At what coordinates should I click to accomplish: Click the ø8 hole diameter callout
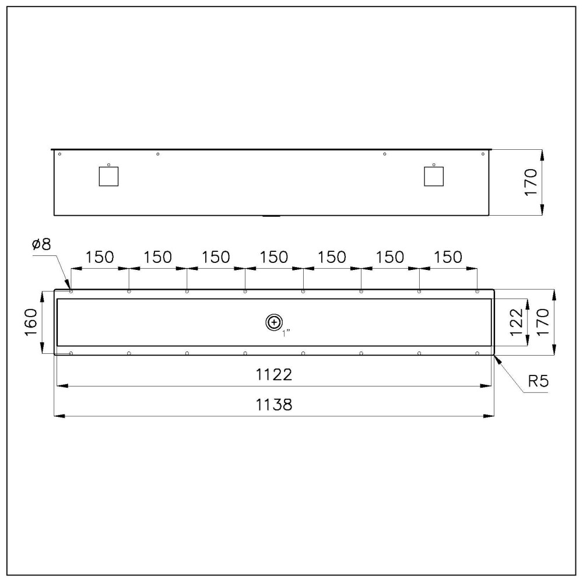42,244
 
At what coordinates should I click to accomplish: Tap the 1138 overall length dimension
274,405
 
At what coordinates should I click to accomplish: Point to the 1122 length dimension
274,375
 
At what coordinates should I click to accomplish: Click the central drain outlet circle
273,322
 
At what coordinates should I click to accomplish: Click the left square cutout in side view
108,176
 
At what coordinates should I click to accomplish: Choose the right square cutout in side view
433,176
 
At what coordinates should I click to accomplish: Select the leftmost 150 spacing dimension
100,257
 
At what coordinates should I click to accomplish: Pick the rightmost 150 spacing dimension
448,257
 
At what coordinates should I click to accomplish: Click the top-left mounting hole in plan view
71,291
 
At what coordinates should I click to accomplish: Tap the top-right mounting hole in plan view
477,291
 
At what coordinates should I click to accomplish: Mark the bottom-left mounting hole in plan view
71,353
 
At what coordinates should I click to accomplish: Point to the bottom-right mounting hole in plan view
477,353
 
